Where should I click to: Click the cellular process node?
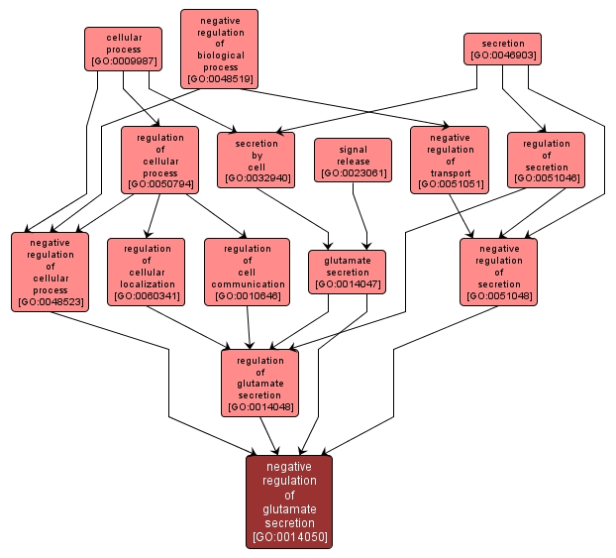click(124, 49)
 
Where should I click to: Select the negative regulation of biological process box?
click(219, 49)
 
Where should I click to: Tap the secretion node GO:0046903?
click(503, 50)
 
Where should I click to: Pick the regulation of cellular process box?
click(159, 160)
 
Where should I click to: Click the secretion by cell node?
click(257, 160)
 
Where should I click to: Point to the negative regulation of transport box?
click(450, 160)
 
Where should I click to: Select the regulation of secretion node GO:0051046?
click(546, 160)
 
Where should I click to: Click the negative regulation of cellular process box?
click(50, 272)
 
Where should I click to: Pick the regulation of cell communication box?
click(247, 272)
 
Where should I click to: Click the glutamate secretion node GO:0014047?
click(347, 272)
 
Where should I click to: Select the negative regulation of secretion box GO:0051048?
click(498, 272)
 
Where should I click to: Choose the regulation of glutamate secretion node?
click(260, 383)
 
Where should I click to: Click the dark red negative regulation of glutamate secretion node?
click(289, 501)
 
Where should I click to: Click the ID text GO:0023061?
click(354, 173)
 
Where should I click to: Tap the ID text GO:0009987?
click(124, 61)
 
